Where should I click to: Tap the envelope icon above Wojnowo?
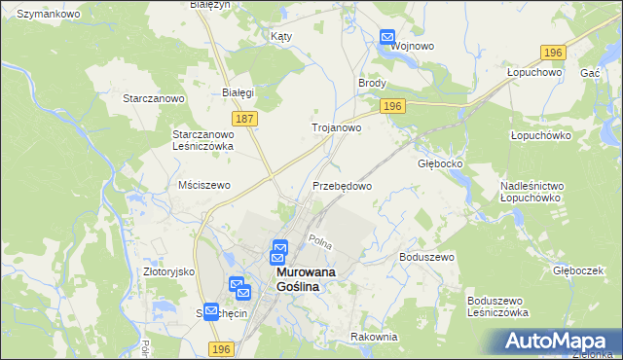(386, 39)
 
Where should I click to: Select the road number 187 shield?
(245, 118)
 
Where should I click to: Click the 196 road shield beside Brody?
(392, 106)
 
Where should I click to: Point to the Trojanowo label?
(336, 127)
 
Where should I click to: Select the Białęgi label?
(238, 92)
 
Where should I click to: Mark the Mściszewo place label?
(203, 185)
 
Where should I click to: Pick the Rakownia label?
(375, 337)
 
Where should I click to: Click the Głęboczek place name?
(578, 270)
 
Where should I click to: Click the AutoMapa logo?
(558, 341)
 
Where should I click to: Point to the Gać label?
(589, 73)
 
